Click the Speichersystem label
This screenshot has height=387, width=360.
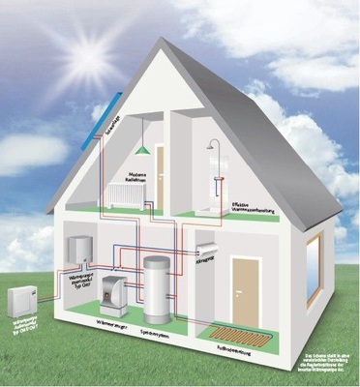click(168, 328)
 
